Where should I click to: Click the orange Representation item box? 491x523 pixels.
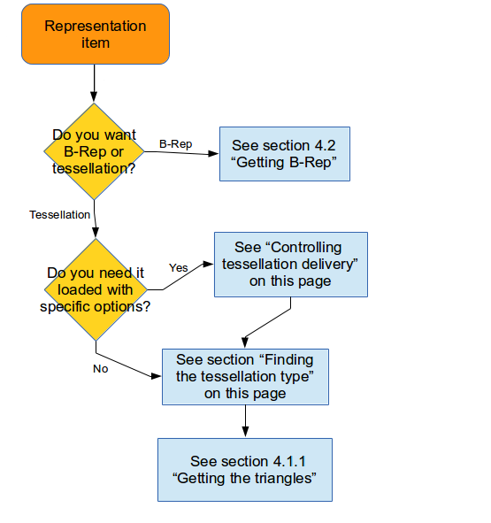click(x=95, y=35)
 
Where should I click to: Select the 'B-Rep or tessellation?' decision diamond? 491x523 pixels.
click(x=94, y=151)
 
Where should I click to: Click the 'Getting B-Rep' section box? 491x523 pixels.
click(x=284, y=153)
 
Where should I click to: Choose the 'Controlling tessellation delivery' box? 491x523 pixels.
click(x=290, y=264)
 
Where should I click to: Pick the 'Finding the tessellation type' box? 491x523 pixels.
click(x=245, y=377)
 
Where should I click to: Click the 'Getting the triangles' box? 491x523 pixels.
click(x=245, y=470)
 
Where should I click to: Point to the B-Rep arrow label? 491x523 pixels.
click(x=175, y=143)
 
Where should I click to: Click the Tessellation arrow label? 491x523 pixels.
click(x=60, y=215)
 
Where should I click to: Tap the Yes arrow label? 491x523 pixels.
click(x=179, y=267)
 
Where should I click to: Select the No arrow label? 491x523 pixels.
click(x=100, y=368)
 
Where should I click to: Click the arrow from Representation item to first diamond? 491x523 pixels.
click(x=94, y=84)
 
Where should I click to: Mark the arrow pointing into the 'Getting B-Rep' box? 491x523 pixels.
click(x=181, y=153)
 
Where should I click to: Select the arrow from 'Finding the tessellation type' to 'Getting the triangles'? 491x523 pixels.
click(x=245, y=422)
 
